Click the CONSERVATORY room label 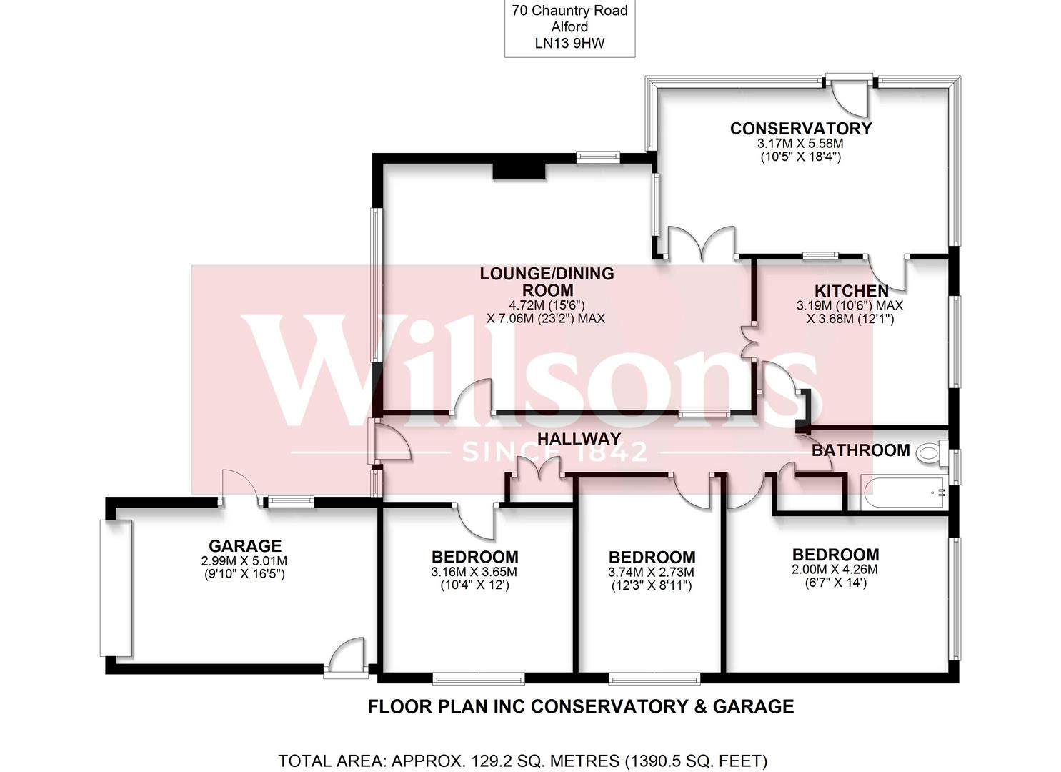[800, 129]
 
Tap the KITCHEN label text [851, 291]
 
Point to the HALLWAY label [579, 439]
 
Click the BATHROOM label [860, 450]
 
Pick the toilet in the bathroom [930, 452]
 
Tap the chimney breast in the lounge [519, 170]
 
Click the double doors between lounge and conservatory [701, 243]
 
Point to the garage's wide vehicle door [116, 588]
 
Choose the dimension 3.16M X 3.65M [474, 572]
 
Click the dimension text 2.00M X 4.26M [835, 570]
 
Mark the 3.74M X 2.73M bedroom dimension [652, 573]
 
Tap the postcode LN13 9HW [569, 43]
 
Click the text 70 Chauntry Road [569, 11]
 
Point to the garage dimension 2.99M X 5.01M [244, 561]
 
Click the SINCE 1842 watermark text [555, 452]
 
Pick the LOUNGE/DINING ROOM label [547, 282]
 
